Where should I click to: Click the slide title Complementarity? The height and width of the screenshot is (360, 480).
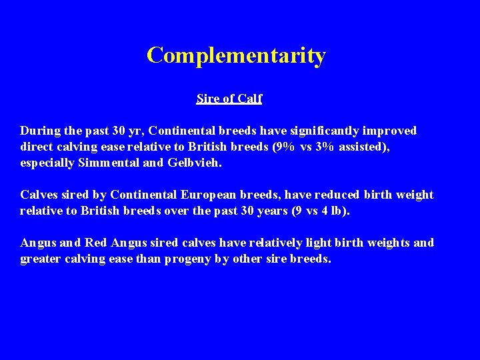[x=236, y=55]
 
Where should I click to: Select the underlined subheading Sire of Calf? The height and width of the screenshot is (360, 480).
[x=229, y=99]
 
